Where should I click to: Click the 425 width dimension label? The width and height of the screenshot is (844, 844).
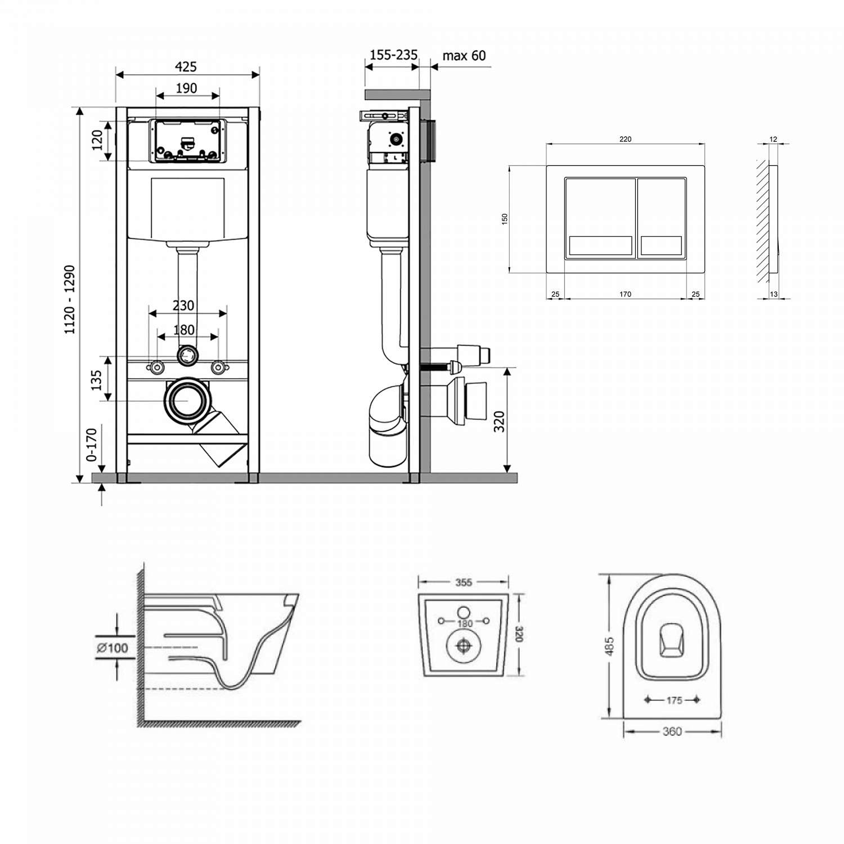point(186,67)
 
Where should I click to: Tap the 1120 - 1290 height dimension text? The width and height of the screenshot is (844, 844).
point(70,300)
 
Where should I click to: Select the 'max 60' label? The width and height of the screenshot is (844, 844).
point(464,56)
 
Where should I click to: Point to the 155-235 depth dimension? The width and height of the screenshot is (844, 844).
point(393,55)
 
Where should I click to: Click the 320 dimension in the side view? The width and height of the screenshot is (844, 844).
point(499,421)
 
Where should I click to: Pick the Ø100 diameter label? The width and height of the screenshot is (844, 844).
point(113,648)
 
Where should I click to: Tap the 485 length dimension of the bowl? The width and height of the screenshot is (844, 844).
point(609,647)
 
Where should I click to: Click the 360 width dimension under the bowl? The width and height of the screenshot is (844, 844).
point(672,731)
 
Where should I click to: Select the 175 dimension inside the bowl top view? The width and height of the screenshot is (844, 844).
point(674,701)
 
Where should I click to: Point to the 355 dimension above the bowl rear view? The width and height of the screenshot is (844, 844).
point(463,582)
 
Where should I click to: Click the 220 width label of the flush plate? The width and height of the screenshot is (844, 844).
point(625,139)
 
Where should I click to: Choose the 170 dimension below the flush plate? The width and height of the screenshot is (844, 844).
point(625,294)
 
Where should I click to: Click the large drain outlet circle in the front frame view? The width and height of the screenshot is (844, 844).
point(186,401)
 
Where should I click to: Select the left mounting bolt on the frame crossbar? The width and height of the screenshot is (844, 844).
point(156,368)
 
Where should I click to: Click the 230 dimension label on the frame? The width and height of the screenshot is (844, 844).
point(183,306)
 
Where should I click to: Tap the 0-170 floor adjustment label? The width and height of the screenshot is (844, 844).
point(92,445)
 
